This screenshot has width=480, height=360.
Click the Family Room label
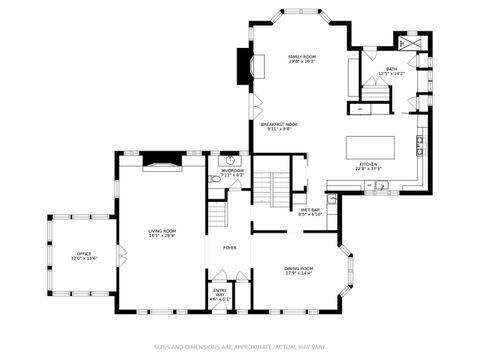point(302,59)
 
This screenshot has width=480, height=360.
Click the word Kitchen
point(367,166)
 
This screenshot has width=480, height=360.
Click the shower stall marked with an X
point(409,44)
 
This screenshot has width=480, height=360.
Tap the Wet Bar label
point(310,212)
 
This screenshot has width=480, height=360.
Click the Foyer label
point(229,247)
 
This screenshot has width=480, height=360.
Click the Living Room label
point(162,234)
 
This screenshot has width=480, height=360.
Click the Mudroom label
point(232,172)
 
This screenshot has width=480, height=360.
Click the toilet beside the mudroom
point(215,178)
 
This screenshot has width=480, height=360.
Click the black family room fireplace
point(242,67)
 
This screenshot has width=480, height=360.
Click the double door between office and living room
point(119,253)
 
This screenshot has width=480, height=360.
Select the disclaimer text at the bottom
point(240,348)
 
